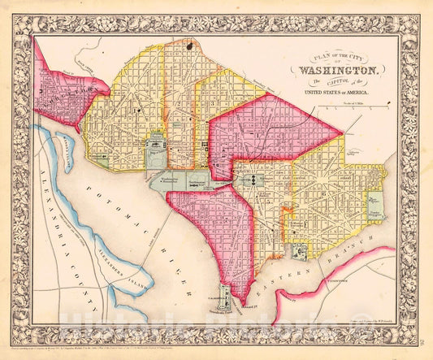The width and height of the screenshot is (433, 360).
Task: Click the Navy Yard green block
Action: pyautogui.click(x=298, y=253)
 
